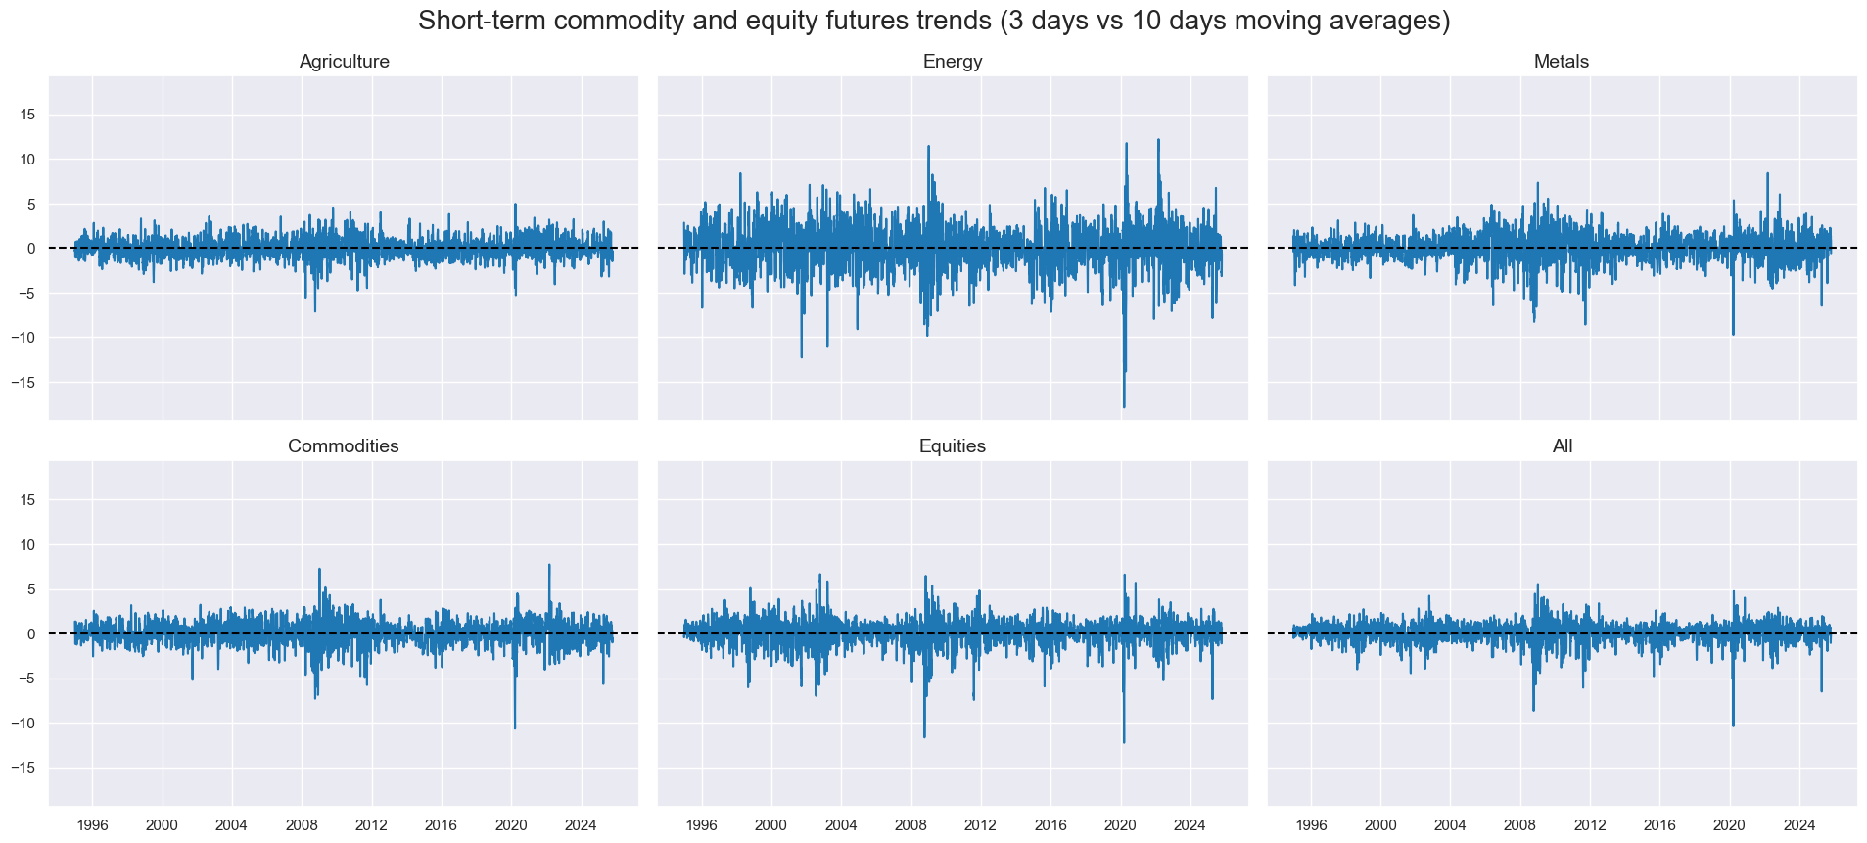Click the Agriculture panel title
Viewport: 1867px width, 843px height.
coord(344,62)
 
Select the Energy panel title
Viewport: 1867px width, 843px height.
coord(953,62)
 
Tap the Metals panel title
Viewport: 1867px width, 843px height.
coord(1562,62)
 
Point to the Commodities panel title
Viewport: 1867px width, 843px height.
coord(344,446)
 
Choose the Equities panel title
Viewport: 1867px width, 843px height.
coord(953,446)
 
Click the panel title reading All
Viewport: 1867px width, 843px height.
coord(1563,446)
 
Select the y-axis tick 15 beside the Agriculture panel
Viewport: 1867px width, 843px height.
coord(27,115)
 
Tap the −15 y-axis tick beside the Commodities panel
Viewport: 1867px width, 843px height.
coord(24,769)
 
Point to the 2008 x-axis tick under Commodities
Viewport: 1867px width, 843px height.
coord(302,825)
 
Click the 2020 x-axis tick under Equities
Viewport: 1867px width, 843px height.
coord(1121,825)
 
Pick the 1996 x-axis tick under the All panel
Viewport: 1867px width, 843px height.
coord(1311,825)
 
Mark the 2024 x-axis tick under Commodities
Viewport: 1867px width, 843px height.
coord(581,825)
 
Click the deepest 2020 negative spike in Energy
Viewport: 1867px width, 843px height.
coord(1124,406)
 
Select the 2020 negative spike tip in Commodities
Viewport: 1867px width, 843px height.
coord(515,727)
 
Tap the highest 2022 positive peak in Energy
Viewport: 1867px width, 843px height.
coord(1158,139)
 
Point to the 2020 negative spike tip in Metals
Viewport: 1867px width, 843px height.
coord(1733,335)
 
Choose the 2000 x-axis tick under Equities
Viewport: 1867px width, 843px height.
coord(771,825)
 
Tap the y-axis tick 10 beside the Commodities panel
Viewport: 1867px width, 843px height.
coord(27,545)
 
